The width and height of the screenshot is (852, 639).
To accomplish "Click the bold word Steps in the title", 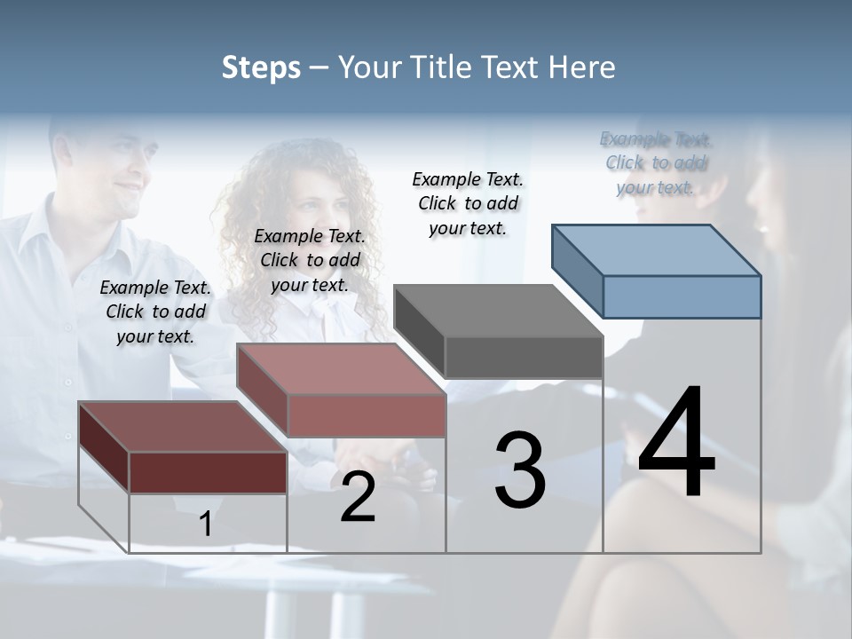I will point(261,67).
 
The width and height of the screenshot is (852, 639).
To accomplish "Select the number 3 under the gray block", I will point(519,469).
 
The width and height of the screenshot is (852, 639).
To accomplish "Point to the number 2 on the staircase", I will point(358,497).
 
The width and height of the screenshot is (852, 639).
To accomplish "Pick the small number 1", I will point(206,525).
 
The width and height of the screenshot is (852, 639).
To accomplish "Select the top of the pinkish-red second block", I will point(341,368).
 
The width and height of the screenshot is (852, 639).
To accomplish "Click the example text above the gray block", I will point(468,203).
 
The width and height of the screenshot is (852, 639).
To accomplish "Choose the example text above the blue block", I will point(656,162).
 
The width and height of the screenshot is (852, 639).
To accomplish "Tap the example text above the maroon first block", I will point(155,312).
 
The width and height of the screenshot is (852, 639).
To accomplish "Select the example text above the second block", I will point(310,260).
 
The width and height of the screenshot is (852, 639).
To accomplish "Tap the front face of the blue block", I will point(682,296).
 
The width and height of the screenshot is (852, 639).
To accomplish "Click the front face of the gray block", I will point(524,357).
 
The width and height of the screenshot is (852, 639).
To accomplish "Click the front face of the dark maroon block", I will point(208,472).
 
